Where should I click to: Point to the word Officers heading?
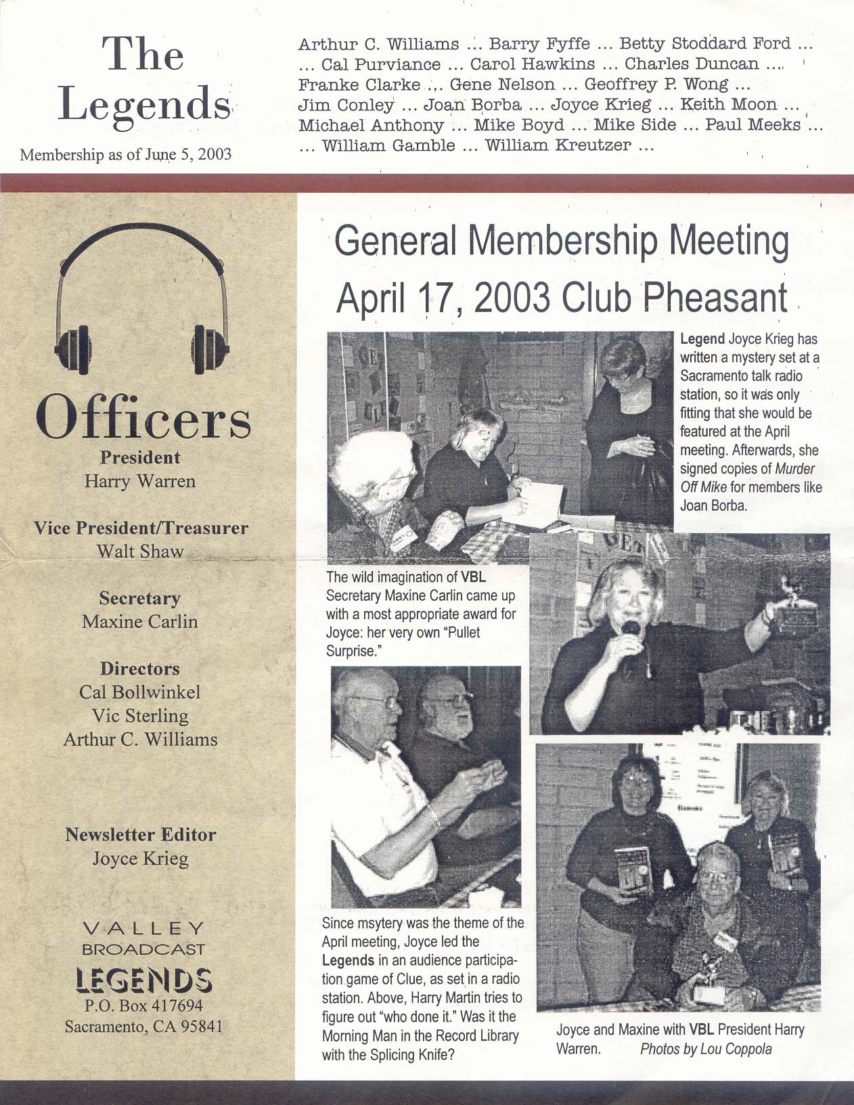click(x=143, y=418)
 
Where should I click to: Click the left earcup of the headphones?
click(x=74, y=349)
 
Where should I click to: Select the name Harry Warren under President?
click(x=140, y=481)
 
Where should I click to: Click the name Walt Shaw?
click(x=140, y=551)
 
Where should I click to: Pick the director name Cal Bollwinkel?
click(x=140, y=692)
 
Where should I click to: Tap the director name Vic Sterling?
click(x=140, y=715)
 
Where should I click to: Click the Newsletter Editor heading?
click(x=140, y=834)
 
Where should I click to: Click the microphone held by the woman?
click(x=630, y=629)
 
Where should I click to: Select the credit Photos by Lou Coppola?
click(x=706, y=1049)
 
